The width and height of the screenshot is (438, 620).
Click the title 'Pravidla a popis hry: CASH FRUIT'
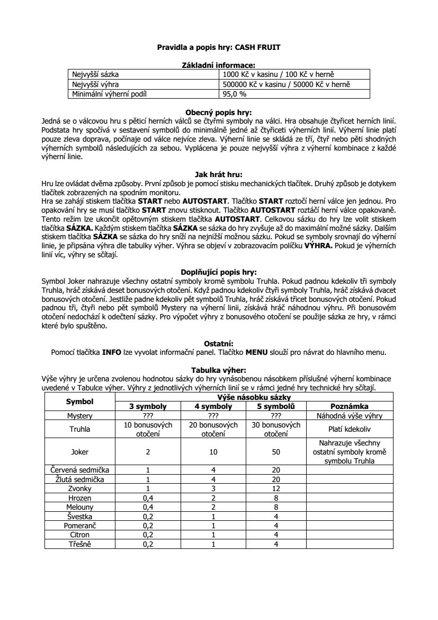click(x=219, y=47)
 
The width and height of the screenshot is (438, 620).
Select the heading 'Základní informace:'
click(x=219, y=65)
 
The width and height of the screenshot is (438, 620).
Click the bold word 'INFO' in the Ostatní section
click(x=113, y=351)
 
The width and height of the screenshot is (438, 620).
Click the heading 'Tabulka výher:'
click(x=219, y=370)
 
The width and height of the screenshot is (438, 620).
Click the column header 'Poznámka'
click(x=349, y=406)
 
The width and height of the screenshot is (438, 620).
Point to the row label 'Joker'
click(x=80, y=452)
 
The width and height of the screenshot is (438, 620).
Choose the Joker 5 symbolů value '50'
click(x=276, y=452)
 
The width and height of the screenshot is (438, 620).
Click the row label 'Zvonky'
click(x=80, y=488)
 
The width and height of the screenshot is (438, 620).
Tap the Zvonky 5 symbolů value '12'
click(x=276, y=488)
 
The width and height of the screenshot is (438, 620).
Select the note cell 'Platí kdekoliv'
click(x=349, y=429)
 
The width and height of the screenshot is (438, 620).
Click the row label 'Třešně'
click(x=80, y=544)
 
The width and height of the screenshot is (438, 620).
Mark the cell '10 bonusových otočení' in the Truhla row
click(x=148, y=429)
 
